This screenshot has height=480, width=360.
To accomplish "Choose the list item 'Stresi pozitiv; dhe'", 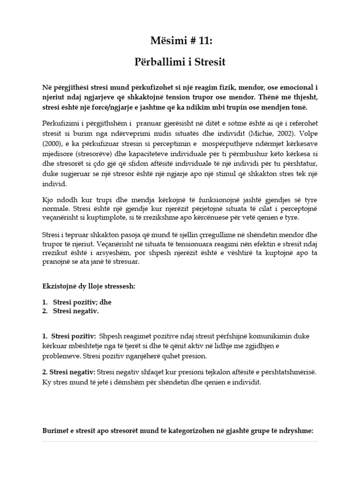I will [x=82, y=302].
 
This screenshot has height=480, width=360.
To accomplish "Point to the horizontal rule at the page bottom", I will [x=180, y=442].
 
